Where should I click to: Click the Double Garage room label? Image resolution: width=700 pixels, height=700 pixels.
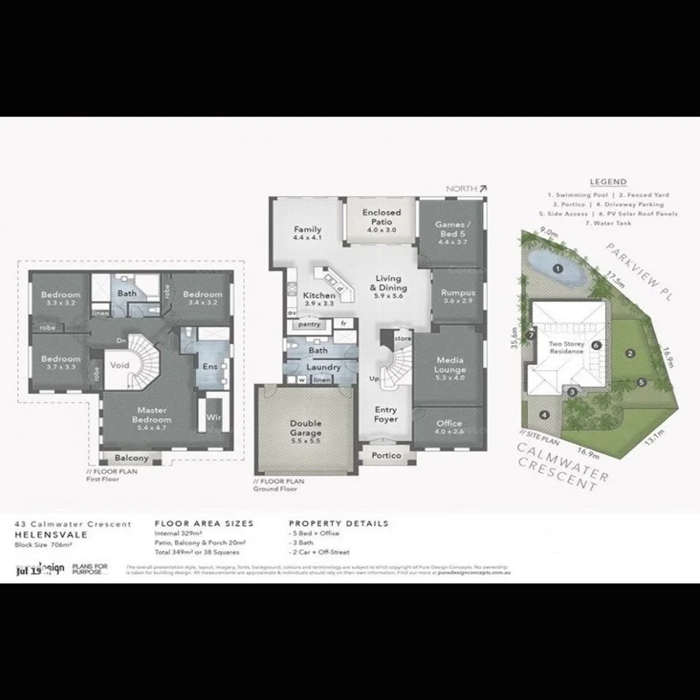(x=306, y=428)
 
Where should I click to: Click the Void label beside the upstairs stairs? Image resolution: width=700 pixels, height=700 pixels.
(x=120, y=364)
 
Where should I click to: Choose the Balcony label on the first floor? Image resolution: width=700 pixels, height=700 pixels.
(x=131, y=458)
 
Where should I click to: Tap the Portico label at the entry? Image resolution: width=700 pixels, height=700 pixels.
(x=386, y=455)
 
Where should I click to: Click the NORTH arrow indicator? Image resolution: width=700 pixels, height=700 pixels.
(x=482, y=188)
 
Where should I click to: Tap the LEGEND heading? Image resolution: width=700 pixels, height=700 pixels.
(x=607, y=182)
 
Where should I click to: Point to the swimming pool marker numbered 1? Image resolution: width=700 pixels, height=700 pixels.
(x=557, y=269)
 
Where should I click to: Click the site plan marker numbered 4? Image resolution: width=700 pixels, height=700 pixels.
(x=544, y=415)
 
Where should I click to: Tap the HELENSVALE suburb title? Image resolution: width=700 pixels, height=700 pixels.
(x=46, y=534)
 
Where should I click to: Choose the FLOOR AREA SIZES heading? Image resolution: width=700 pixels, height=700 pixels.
(x=204, y=523)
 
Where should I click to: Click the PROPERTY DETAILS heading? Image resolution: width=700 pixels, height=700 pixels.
(x=338, y=523)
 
